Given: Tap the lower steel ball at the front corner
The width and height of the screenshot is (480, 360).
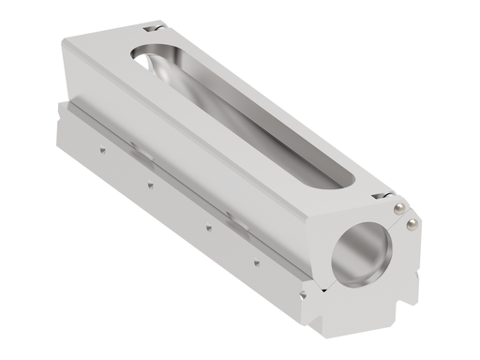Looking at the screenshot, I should pyautogui.click(x=410, y=223).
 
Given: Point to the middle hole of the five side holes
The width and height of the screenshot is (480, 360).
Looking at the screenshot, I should pyautogui.click(x=207, y=224).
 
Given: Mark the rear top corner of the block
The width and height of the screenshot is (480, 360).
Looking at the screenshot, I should pyautogui.click(x=67, y=43).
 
